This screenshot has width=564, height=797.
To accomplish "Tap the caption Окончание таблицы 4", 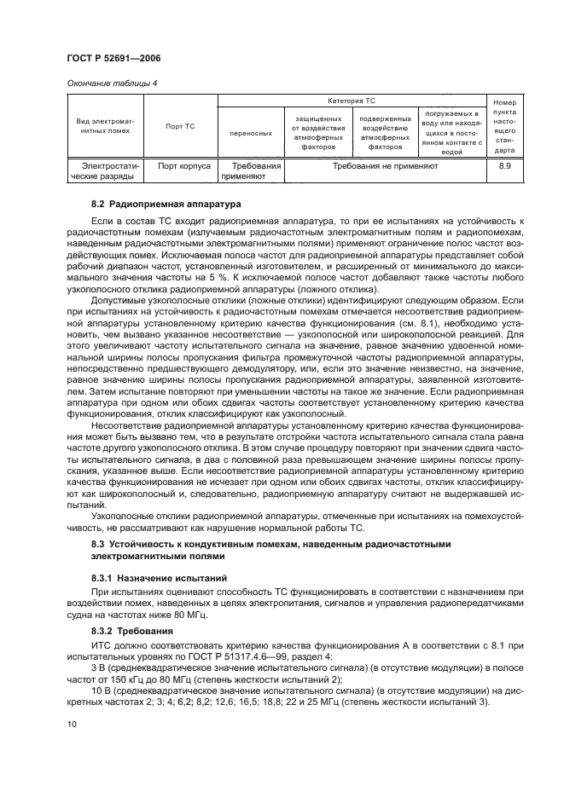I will pos(109,83).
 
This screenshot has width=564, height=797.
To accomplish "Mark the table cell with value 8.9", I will pos(504,166).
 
